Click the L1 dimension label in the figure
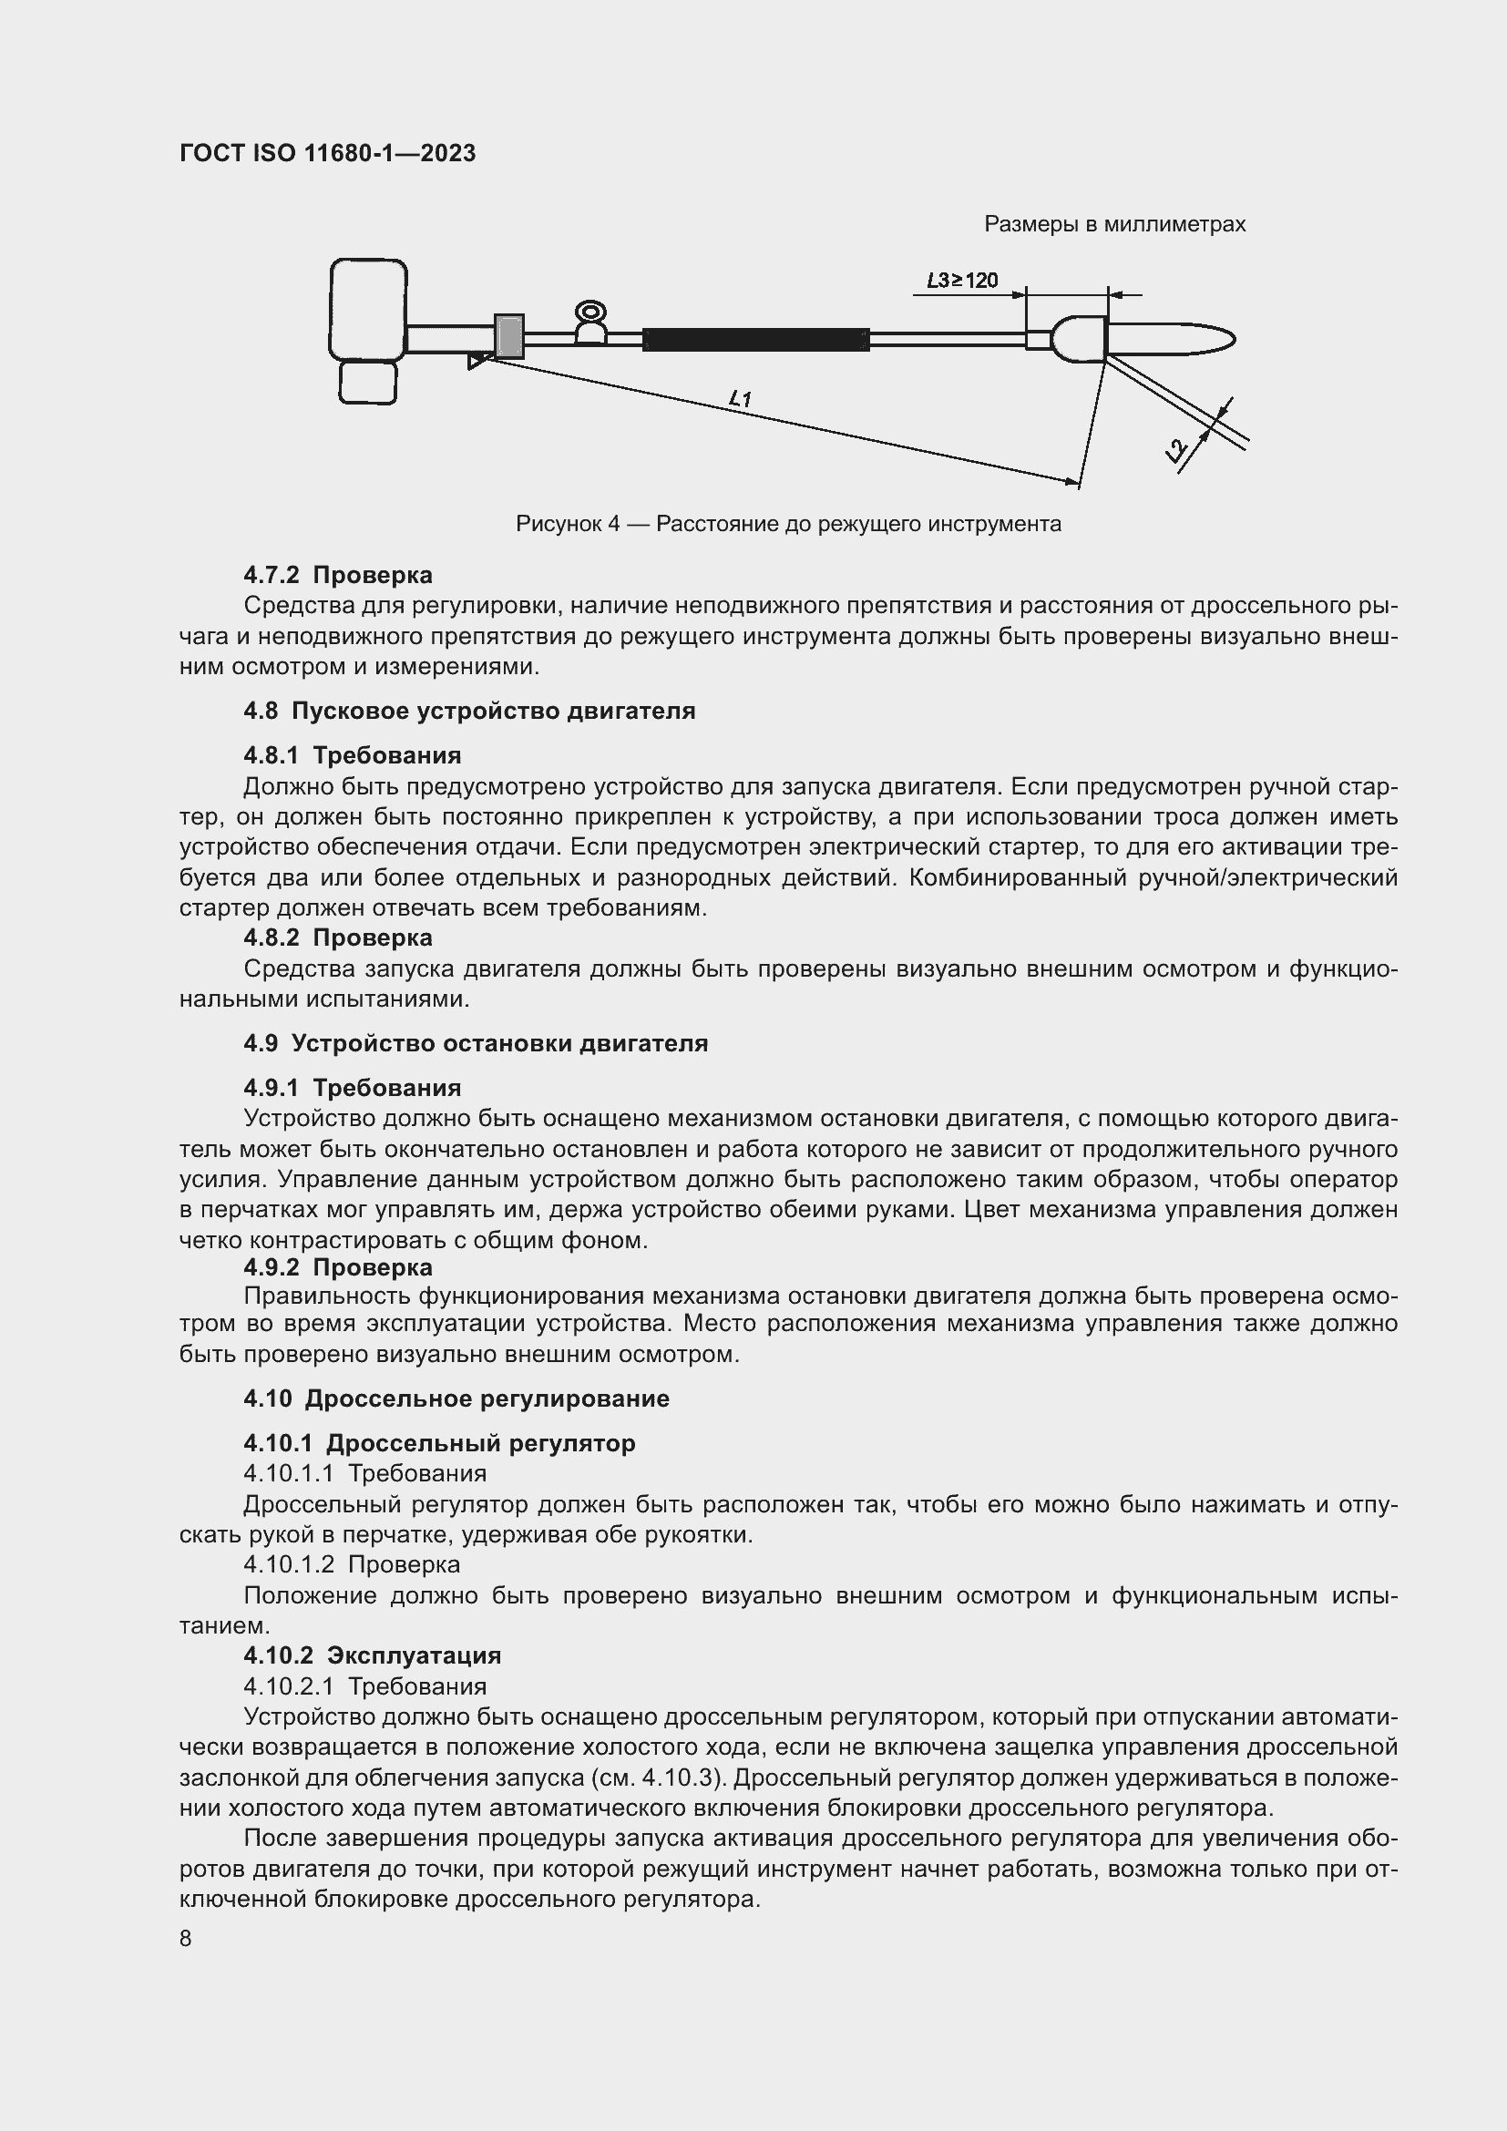(741, 399)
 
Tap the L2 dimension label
(1177, 451)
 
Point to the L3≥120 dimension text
(962, 281)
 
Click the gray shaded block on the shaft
(508, 336)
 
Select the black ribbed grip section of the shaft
(755, 340)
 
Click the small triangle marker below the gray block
(476, 360)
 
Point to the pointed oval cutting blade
(1171, 340)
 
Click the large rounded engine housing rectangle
(368, 309)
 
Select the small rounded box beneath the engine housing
(367, 383)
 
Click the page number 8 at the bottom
(186, 1938)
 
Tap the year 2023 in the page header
(448, 153)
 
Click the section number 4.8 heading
(260, 712)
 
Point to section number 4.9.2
(271, 1267)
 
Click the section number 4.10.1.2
(288, 1564)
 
